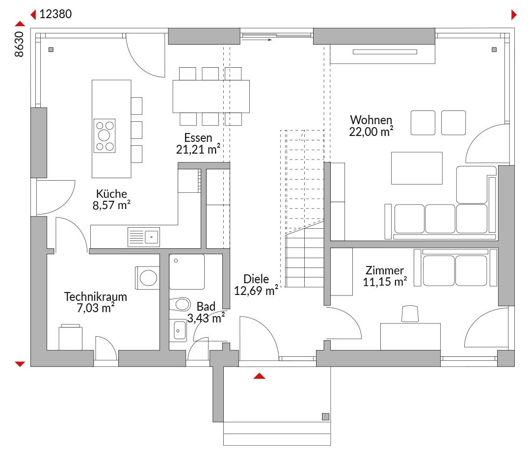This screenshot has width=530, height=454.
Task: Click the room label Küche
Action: click(111, 194)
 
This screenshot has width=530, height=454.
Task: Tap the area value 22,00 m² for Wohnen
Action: click(371, 132)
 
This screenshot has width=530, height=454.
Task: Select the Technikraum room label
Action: click(96, 296)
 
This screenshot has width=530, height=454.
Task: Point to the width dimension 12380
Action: click(56, 14)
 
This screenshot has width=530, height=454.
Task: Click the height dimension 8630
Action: click(19, 44)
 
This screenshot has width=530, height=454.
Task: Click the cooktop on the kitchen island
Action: click(105, 135)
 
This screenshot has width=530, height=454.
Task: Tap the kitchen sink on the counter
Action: click(144, 237)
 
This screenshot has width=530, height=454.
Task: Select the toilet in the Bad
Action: click(180, 304)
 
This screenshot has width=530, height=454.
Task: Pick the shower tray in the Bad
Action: click(187, 272)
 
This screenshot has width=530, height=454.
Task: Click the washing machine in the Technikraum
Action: click(147, 278)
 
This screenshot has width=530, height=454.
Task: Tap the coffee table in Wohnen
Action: click(417, 168)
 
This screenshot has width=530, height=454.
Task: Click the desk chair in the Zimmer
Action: click(410, 314)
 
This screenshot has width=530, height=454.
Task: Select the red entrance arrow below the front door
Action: click(259, 376)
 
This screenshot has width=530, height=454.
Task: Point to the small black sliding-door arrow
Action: click(257, 40)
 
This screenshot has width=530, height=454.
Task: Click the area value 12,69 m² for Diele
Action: click(256, 291)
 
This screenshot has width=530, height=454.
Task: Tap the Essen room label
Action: click(198, 137)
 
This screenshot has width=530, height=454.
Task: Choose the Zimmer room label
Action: click(385, 270)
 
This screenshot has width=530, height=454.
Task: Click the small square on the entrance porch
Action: click(325, 417)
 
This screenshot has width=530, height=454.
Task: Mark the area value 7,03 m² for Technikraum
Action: click(96, 308)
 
